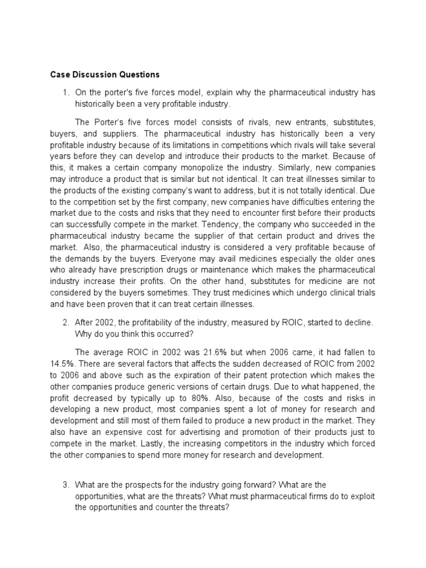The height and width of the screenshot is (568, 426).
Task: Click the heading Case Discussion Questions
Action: (105, 74)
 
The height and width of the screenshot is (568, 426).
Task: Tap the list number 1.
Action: (65, 92)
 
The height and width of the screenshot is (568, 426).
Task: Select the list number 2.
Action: (65, 322)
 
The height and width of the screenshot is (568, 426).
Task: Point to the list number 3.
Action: (65, 485)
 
